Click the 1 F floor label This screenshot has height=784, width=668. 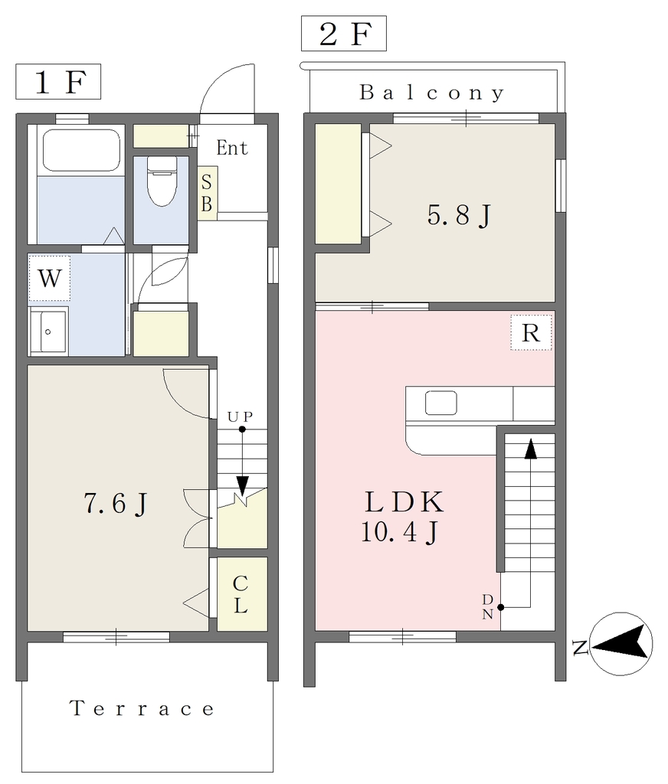[x=59, y=82]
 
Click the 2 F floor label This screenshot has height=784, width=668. [x=344, y=34]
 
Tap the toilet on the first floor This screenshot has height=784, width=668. [x=161, y=181]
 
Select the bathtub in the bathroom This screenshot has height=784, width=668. [x=81, y=150]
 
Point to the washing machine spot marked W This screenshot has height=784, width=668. [x=49, y=278]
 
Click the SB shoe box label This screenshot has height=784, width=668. [x=207, y=193]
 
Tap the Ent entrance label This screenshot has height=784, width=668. [x=231, y=148]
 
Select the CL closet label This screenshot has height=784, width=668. [x=241, y=594]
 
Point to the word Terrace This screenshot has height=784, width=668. [x=142, y=708]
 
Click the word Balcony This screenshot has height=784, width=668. [x=431, y=93]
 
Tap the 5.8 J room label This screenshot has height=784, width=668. [x=458, y=215]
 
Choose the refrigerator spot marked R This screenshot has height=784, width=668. [x=531, y=332]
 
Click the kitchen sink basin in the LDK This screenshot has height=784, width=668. [x=440, y=403]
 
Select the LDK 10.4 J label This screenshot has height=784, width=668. [x=403, y=517]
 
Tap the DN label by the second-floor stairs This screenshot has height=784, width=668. [x=487, y=607]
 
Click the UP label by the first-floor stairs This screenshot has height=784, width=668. [x=241, y=416]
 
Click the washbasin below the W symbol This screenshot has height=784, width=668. [x=48, y=332]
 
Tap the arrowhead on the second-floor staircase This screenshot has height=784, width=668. [x=530, y=449]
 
